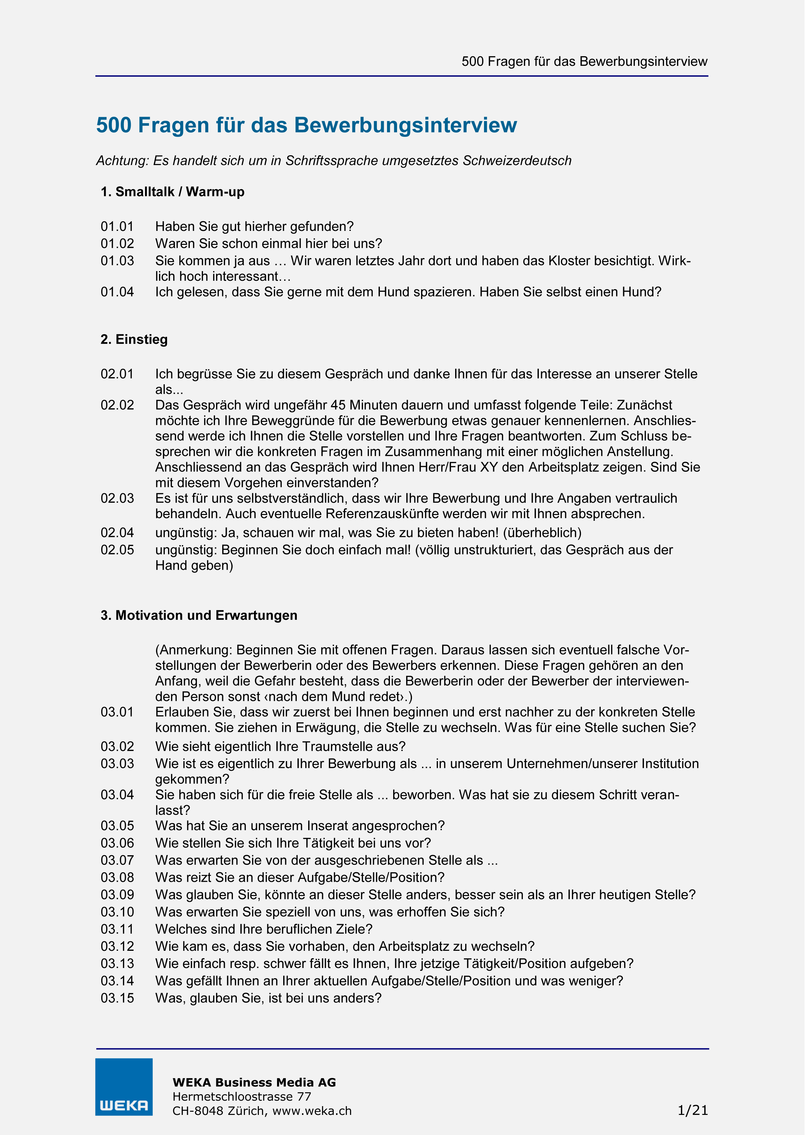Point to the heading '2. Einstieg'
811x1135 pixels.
coord(135,340)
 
